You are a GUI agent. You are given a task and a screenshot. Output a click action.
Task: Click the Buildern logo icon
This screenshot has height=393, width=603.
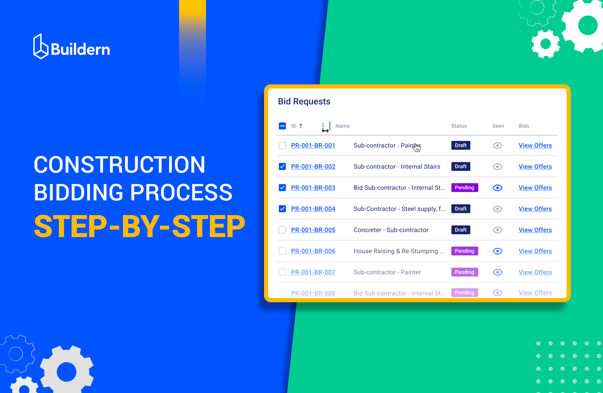click(x=41, y=47)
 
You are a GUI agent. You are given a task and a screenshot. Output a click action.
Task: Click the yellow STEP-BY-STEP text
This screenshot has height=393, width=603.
click(x=139, y=226)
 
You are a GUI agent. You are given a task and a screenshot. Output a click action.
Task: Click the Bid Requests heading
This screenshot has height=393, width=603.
click(x=304, y=101)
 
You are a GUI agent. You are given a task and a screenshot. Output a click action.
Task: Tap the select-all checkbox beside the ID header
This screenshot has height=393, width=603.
click(x=282, y=126)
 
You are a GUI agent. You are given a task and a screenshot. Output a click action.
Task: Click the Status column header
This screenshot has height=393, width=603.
click(x=459, y=126)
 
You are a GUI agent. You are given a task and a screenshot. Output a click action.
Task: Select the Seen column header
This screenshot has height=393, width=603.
click(x=498, y=126)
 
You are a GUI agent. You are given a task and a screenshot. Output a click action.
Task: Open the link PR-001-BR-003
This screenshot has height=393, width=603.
click(x=313, y=188)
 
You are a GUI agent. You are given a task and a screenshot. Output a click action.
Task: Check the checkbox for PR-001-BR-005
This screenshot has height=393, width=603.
click(x=282, y=230)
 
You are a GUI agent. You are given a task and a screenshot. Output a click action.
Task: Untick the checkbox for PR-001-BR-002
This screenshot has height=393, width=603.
click(x=282, y=167)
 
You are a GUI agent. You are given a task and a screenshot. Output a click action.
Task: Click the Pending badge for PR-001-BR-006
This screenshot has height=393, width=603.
click(x=464, y=251)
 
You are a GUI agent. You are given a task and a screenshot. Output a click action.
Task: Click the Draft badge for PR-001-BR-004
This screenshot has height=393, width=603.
click(x=460, y=209)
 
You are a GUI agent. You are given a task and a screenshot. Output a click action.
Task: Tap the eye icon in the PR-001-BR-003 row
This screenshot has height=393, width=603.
click(x=497, y=188)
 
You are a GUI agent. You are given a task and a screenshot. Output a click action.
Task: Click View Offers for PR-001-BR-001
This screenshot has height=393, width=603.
click(x=535, y=145)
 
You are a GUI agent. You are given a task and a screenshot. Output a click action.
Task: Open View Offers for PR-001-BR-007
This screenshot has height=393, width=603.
click(x=535, y=272)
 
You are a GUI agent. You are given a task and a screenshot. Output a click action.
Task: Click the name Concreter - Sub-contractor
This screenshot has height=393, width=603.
click(x=391, y=230)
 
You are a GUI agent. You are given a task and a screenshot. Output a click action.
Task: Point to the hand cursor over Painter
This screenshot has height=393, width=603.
click(x=416, y=148)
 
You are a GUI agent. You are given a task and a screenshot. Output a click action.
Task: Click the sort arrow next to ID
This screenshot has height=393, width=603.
click(x=301, y=126)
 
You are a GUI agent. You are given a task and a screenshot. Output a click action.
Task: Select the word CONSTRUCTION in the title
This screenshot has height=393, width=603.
click(x=119, y=165)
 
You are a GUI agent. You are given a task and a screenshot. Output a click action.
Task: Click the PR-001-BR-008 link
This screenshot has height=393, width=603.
click(x=313, y=293)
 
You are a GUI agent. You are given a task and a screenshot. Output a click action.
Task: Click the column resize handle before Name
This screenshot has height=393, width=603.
click(x=329, y=127)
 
